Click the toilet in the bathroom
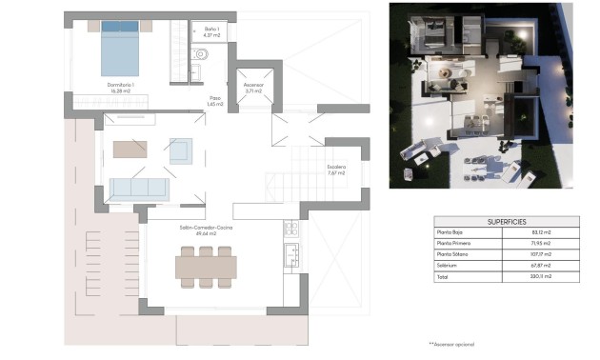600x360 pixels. click(x=201, y=54)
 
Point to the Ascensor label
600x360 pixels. click(x=253, y=86)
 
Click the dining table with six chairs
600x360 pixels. click(x=205, y=268)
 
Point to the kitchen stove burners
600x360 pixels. click(x=290, y=228)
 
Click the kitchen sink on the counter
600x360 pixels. click(x=290, y=254)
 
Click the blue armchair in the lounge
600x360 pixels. click(x=180, y=150)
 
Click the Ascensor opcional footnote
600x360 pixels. click(x=450, y=343)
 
